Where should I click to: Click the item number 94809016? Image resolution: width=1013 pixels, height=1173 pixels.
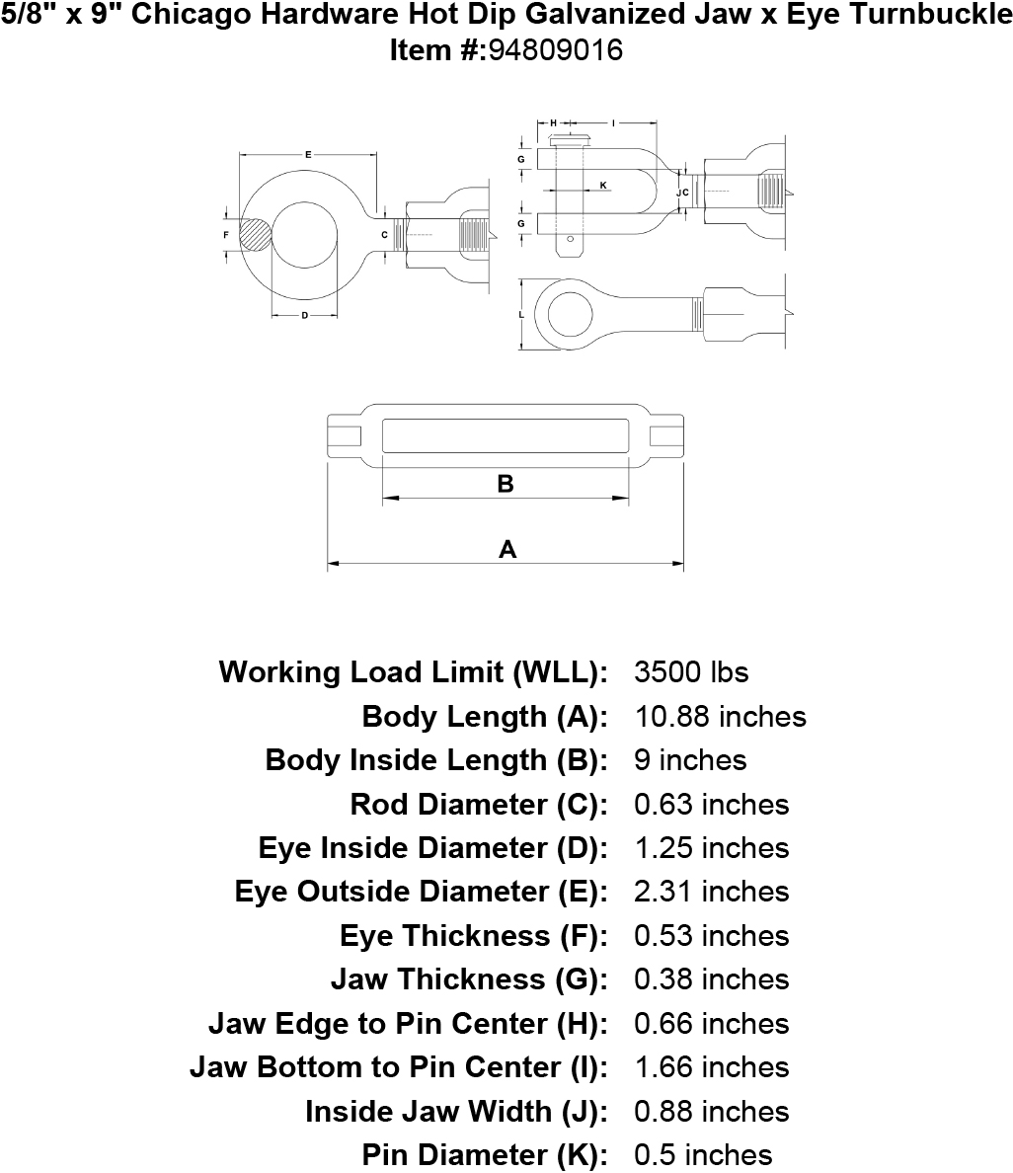555,50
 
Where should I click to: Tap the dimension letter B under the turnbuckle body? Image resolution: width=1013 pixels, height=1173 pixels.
506,484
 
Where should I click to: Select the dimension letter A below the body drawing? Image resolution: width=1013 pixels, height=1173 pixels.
507,550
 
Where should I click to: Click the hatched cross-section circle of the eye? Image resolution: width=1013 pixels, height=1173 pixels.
256,236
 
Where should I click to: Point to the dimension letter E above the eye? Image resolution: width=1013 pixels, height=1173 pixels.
308,155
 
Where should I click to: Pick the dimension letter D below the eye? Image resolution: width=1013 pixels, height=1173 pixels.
305,316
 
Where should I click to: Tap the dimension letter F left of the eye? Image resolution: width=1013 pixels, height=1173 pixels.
227,235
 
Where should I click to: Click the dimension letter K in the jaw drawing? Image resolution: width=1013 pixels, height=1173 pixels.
604,186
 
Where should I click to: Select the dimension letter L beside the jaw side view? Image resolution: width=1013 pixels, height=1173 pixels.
521,315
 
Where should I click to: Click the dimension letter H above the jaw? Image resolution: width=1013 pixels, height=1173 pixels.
554,122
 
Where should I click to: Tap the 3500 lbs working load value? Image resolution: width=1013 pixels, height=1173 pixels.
691,671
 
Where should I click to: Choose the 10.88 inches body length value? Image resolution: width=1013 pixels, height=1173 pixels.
721,717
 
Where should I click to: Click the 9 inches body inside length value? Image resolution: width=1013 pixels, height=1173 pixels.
690,760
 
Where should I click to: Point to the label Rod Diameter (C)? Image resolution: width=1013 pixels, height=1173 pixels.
479,804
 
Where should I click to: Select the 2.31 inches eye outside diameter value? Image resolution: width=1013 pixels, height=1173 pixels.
712,892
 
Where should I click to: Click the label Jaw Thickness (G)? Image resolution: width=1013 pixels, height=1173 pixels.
469,979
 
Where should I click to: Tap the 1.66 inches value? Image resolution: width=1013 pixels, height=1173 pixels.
712,1066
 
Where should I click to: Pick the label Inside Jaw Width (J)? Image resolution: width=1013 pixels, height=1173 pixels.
456,1111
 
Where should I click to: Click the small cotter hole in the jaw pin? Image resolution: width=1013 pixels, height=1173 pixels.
570,239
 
